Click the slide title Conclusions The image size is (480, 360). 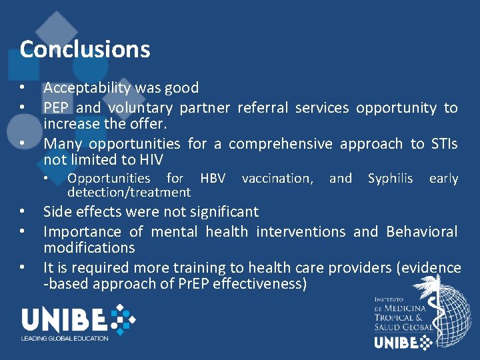click(85, 49)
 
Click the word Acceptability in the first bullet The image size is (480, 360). click(87, 88)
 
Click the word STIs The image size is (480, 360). click(444, 144)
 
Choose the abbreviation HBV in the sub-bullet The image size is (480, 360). click(213, 179)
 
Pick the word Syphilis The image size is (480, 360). click(391, 179)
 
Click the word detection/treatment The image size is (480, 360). click(129, 193)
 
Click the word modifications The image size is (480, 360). click(89, 248)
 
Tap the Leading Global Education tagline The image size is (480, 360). click(65, 339)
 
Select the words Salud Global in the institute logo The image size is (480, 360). click(404, 327)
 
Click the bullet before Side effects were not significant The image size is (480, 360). click(23, 212)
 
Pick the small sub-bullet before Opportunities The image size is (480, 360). click(46, 179)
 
